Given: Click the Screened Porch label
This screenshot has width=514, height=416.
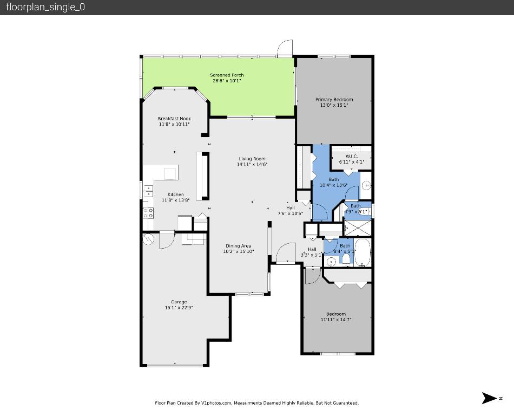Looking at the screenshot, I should click(227, 75).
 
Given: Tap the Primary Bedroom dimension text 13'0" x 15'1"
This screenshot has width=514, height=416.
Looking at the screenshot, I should click(334, 105).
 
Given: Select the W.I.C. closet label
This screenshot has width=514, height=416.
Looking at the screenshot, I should click(351, 157).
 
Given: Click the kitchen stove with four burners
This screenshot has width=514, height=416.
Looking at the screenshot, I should click(148, 212).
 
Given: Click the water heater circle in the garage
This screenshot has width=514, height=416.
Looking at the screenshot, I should click(149, 238).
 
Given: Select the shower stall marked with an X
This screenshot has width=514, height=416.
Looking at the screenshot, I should click(357, 226).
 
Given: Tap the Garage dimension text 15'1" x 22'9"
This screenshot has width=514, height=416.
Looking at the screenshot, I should click(179, 308).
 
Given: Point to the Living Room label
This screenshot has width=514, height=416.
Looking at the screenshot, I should click(252, 159).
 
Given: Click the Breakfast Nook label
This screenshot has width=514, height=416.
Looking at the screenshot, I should click(174, 119).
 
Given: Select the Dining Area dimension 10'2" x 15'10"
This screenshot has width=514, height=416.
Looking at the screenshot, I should click(238, 251).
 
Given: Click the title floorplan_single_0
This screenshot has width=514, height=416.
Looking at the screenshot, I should click(45, 7).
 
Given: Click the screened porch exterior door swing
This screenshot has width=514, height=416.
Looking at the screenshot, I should click(285, 48).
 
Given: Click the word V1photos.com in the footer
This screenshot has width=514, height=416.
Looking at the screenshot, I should click(216, 403).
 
